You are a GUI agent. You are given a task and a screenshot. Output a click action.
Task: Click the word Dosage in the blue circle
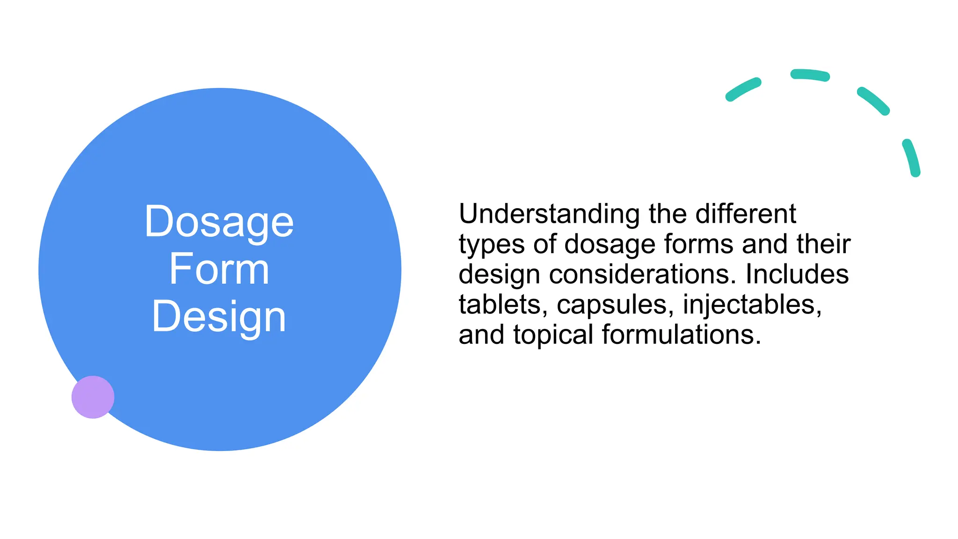point(219,222)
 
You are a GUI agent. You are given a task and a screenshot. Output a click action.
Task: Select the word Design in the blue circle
point(219,317)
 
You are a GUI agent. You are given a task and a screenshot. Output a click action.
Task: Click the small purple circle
point(93,397)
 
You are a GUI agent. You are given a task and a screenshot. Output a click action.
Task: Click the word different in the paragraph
point(746,214)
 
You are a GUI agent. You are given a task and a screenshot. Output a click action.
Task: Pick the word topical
point(553,335)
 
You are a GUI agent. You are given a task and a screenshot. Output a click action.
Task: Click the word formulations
point(681,335)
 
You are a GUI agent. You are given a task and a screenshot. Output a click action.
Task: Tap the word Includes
point(797,274)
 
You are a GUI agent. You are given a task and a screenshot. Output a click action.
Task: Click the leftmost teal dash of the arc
point(743,89)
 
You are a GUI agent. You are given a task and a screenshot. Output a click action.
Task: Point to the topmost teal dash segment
point(810,75)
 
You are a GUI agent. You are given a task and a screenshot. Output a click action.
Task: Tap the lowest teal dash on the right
point(912,157)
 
